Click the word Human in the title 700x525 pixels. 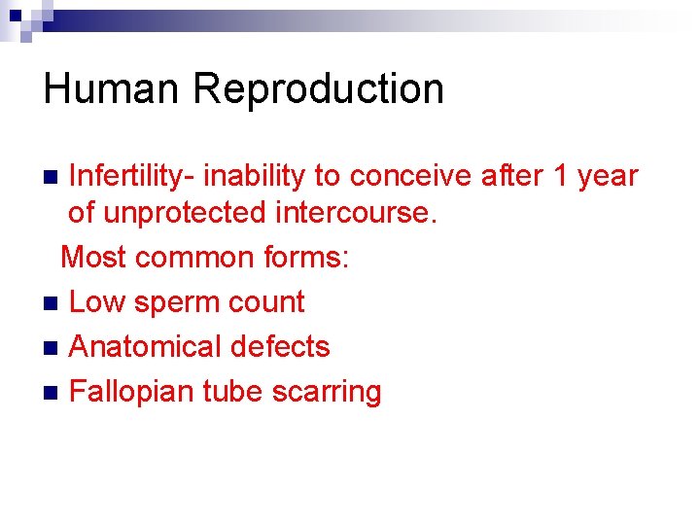[x=111, y=88]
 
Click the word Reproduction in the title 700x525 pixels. [x=318, y=88]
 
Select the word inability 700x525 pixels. [x=253, y=176]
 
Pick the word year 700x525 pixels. [x=607, y=176]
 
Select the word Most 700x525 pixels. [x=94, y=257]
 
